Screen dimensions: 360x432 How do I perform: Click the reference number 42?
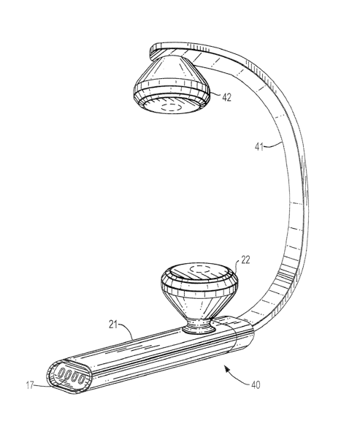[x=226, y=97]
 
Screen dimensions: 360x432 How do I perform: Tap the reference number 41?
[x=259, y=147]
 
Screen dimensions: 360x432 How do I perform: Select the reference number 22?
[x=245, y=259]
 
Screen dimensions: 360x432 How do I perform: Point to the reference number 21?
[x=113, y=325]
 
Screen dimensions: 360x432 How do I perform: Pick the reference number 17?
[x=30, y=385]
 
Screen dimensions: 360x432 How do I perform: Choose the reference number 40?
[x=256, y=385]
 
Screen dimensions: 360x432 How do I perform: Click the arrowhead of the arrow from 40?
[x=227, y=368]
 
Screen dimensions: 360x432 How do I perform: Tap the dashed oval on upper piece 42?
[x=170, y=107]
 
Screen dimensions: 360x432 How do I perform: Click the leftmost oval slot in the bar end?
[x=61, y=374]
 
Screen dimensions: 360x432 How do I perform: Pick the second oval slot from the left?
[x=67, y=375]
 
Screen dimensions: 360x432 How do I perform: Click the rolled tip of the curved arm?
[x=152, y=53]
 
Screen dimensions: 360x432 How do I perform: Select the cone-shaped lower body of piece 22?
[x=199, y=304]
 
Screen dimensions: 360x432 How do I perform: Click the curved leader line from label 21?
[x=127, y=330]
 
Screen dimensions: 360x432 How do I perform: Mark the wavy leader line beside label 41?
[x=273, y=145]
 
